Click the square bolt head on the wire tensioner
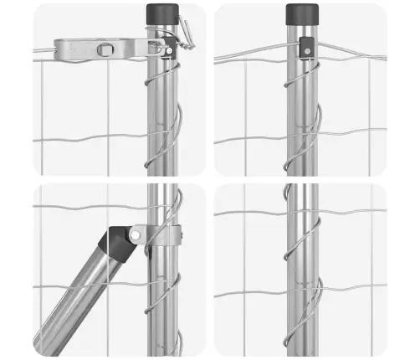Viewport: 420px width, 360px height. (x=103, y=49)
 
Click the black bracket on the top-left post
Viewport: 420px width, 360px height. (x=169, y=49)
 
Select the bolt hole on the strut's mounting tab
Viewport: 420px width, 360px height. (x=134, y=235)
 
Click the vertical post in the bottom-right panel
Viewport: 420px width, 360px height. (x=301, y=276)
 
